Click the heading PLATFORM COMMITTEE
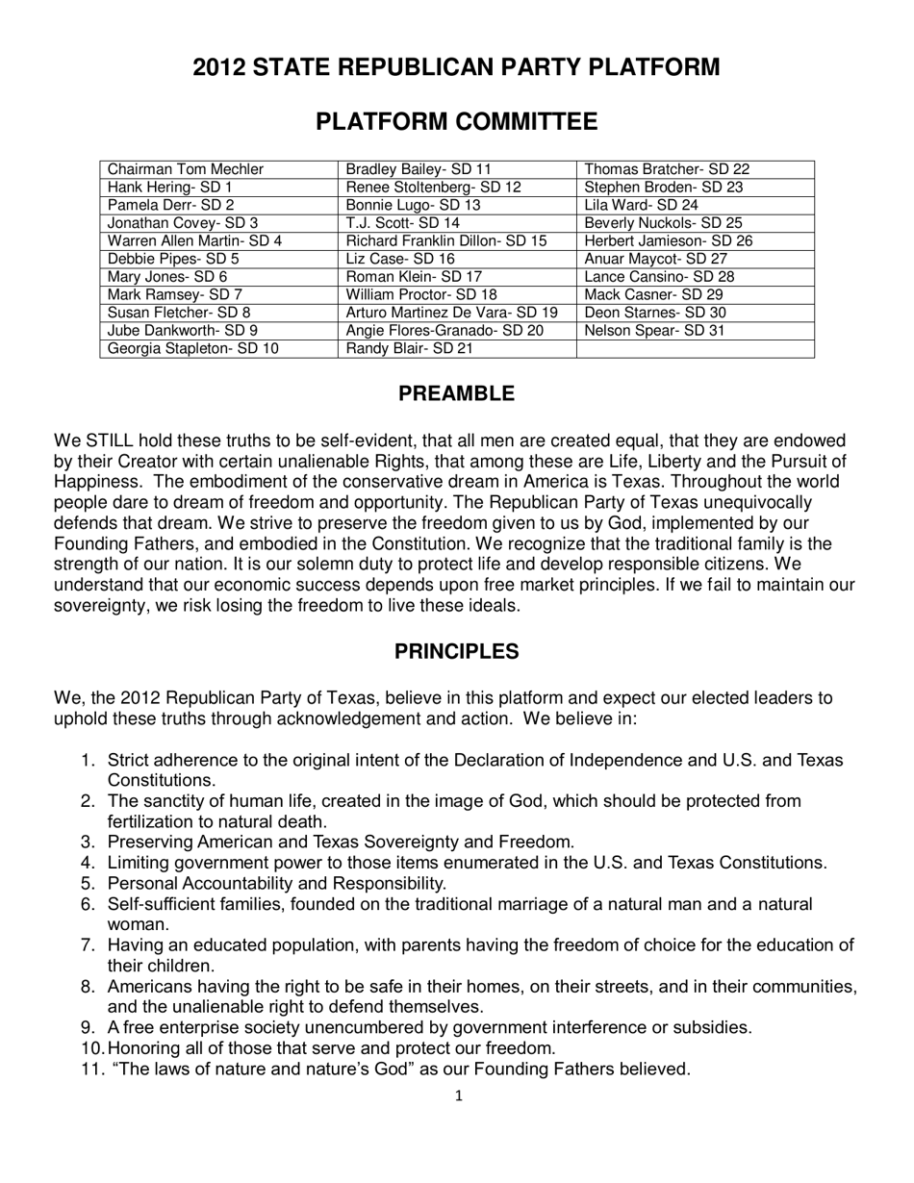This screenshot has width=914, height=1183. tap(457, 122)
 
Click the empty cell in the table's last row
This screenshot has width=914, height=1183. tap(696, 348)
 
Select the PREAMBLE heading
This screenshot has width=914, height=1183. tap(457, 394)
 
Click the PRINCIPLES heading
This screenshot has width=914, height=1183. tap(457, 652)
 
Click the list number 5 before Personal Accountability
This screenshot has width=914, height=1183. tap(87, 883)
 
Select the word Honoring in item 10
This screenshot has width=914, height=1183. tap(145, 1048)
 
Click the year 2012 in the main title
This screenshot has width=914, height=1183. tap(221, 67)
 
